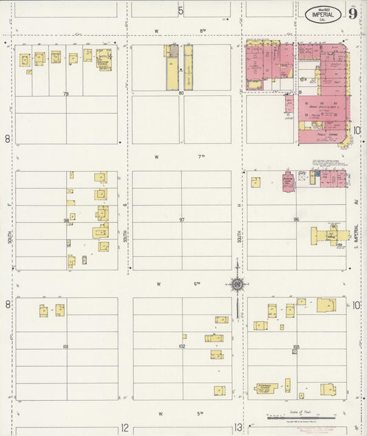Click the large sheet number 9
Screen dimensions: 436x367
[x=352, y=13]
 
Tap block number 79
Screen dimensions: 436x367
[x=66, y=92]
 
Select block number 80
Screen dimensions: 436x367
[x=181, y=92]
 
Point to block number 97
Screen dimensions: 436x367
[x=182, y=220]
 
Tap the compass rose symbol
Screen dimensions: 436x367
[x=236, y=284]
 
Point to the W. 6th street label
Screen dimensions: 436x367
[x=179, y=284]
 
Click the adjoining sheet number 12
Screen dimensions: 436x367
[x=125, y=428]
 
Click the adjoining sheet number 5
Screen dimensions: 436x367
[x=180, y=10]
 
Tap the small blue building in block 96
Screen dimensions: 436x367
[x=312, y=177]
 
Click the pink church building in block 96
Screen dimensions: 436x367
[x=288, y=181]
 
